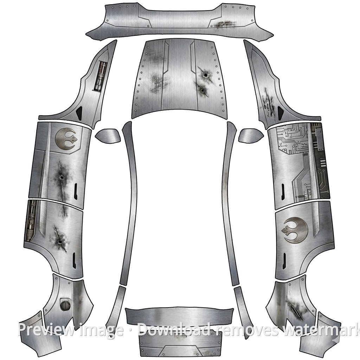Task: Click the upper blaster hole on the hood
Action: click(205, 75)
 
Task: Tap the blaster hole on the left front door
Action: click(61, 177)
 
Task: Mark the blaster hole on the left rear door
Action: click(60, 242)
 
